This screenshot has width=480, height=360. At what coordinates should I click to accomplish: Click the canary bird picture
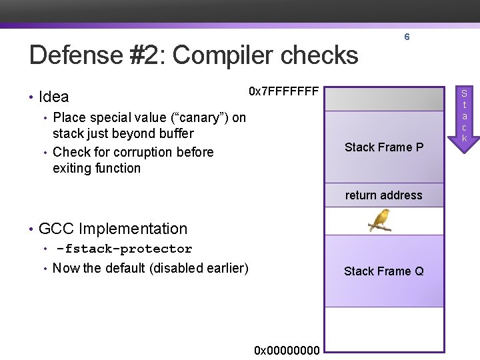click(380, 220)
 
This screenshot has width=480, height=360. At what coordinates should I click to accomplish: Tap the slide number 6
click(407, 37)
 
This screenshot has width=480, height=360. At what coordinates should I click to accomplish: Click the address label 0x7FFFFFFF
click(284, 91)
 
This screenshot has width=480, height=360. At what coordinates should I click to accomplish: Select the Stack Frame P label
click(384, 147)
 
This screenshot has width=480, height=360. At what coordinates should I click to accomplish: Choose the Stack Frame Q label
click(384, 271)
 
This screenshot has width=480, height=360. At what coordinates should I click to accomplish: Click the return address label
click(384, 195)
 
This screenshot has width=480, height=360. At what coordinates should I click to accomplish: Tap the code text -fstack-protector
click(124, 249)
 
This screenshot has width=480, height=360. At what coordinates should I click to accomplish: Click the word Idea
click(54, 97)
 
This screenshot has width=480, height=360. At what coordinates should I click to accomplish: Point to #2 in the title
click(151, 55)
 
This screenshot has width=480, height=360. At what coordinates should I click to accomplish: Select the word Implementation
click(133, 229)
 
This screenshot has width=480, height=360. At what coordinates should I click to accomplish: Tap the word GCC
click(56, 229)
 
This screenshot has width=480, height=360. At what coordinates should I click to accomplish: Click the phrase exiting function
click(97, 168)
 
